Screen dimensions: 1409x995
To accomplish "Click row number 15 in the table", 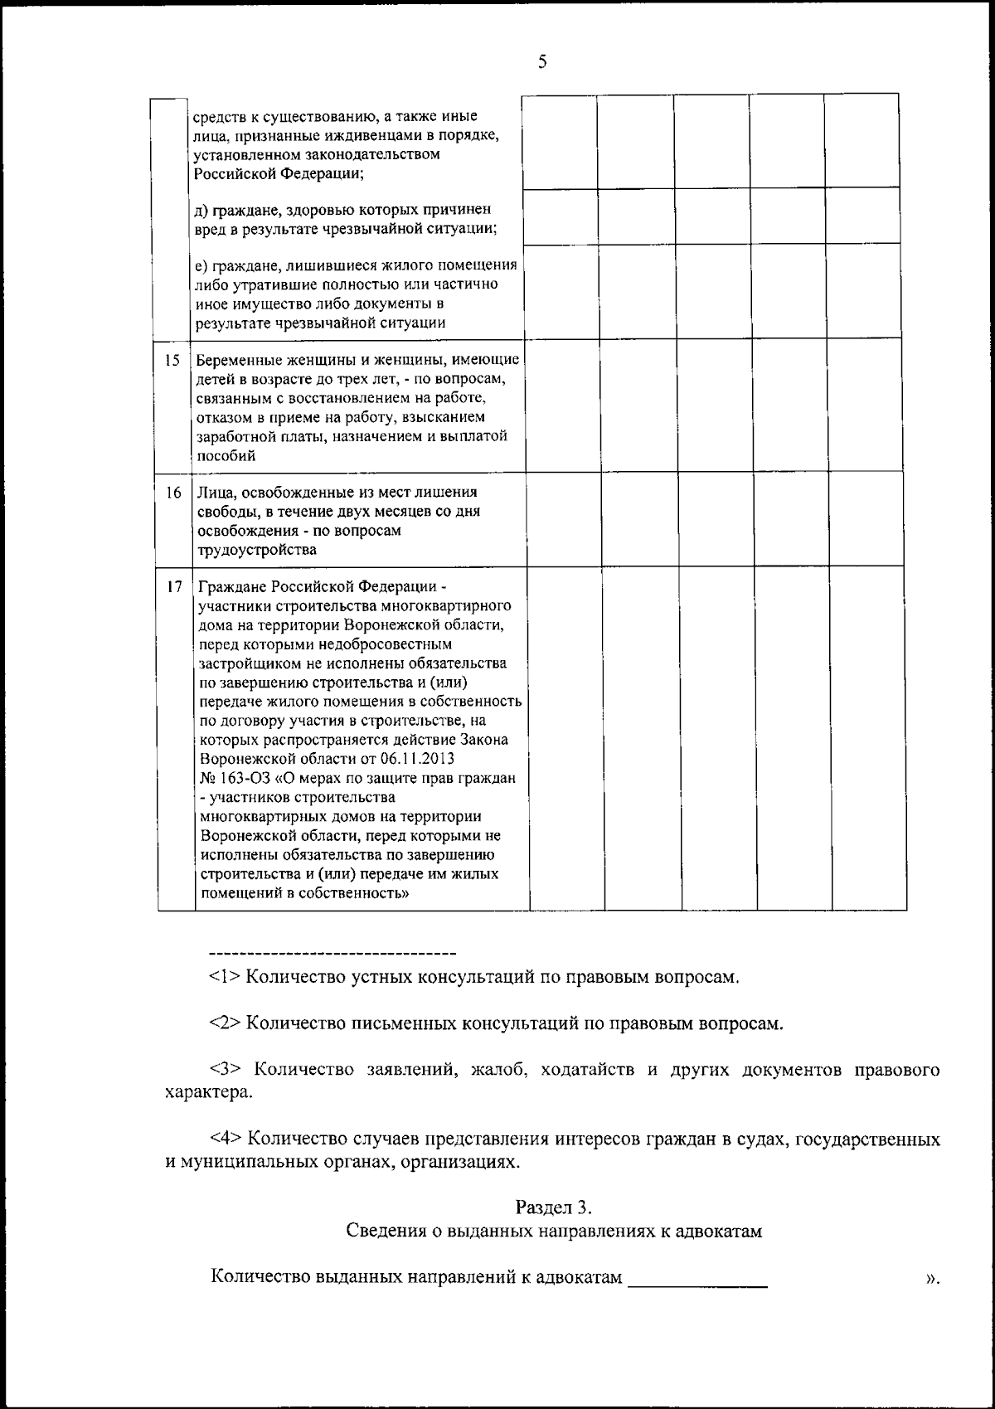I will pyautogui.click(x=172, y=360).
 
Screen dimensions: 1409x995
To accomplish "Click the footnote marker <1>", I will pyautogui.click(x=225, y=977).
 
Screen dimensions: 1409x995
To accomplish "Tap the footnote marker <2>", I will pyautogui.click(x=225, y=1023).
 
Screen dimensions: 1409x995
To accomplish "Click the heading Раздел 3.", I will pyautogui.click(x=553, y=1207).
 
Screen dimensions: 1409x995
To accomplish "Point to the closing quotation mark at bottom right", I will pyautogui.click(x=932, y=1278).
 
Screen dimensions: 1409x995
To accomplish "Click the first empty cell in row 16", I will pyautogui.click(x=564, y=518).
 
